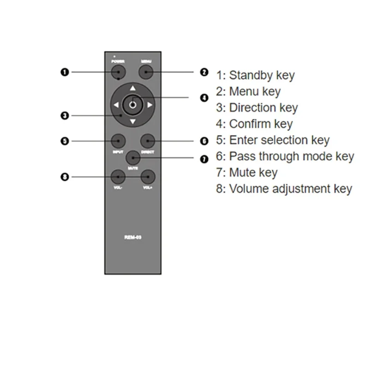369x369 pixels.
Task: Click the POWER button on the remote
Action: (119, 72)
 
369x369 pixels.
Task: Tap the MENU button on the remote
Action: (146, 72)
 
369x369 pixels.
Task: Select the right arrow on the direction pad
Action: (149, 106)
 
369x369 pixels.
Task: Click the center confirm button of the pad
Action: (133, 105)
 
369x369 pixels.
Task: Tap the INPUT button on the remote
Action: (119, 140)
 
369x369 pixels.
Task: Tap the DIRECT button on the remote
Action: (147, 140)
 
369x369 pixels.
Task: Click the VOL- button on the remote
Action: (118, 177)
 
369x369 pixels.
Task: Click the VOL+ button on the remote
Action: (148, 177)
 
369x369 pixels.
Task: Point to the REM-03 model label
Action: (133, 238)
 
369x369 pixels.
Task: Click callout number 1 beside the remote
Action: (65, 72)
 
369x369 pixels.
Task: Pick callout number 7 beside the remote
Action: (204, 159)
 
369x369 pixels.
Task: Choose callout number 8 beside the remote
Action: (65, 177)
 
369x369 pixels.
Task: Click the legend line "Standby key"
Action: (255, 75)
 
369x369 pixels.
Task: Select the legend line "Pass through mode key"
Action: (285, 156)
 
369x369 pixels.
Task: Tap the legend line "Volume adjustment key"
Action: (284, 189)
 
